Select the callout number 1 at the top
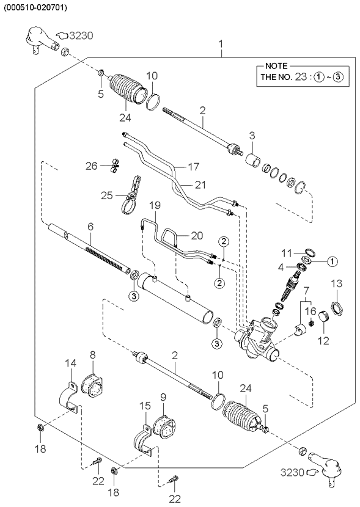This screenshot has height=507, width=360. [x=221, y=45]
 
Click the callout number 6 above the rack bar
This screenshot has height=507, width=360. [x=90, y=227]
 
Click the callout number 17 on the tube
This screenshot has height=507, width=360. [x=177, y=165]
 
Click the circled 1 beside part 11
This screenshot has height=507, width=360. [x=330, y=261]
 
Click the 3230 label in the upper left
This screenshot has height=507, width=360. [x=81, y=36]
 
